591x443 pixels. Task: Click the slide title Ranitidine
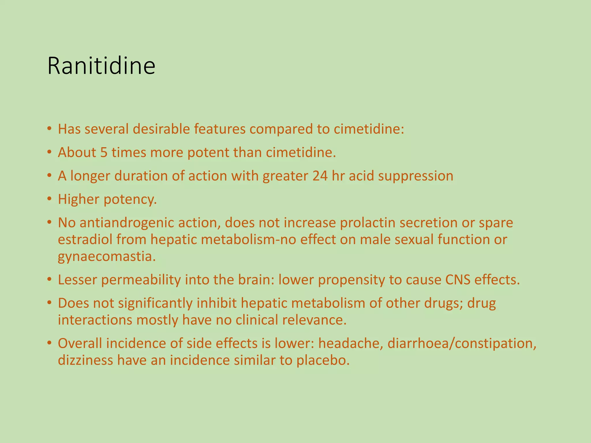pyautogui.click(x=101, y=66)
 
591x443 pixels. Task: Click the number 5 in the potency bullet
pyautogui.click(x=104, y=153)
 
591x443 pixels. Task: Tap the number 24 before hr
pyautogui.click(x=320, y=176)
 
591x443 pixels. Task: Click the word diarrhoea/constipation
pyautogui.click(x=462, y=343)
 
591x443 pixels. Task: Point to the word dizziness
pyautogui.click(x=85, y=361)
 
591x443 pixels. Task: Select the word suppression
pyautogui.click(x=416, y=176)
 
